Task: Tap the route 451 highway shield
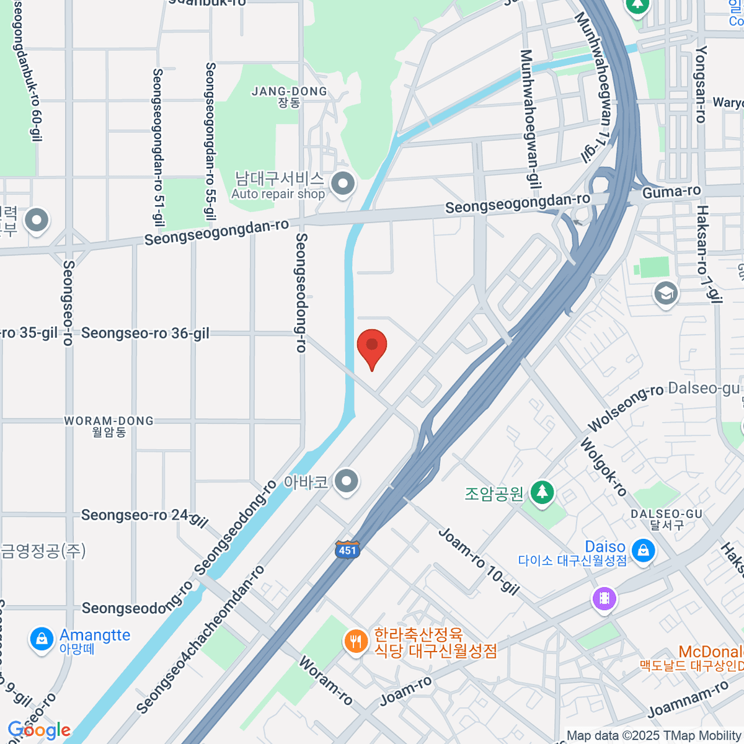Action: (347, 549)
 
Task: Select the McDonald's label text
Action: (711, 652)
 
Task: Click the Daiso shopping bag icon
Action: (643, 550)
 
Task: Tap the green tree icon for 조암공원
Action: (542, 493)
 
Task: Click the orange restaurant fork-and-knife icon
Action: (355, 641)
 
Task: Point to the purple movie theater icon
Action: (604, 599)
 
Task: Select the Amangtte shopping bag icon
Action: (42, 639)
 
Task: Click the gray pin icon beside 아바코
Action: (346, 481)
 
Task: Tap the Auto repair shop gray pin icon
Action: (342, 184)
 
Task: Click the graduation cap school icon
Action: (666, 294)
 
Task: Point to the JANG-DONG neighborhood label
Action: (289, 96)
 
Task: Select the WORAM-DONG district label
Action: (109, 426)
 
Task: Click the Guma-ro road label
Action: (671, 192)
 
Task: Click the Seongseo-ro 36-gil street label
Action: (145, 334)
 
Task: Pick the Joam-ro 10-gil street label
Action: (479, 561)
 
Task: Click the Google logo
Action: (38, 730)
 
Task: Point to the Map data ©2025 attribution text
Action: (654, 736)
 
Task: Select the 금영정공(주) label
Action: (43, 551)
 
